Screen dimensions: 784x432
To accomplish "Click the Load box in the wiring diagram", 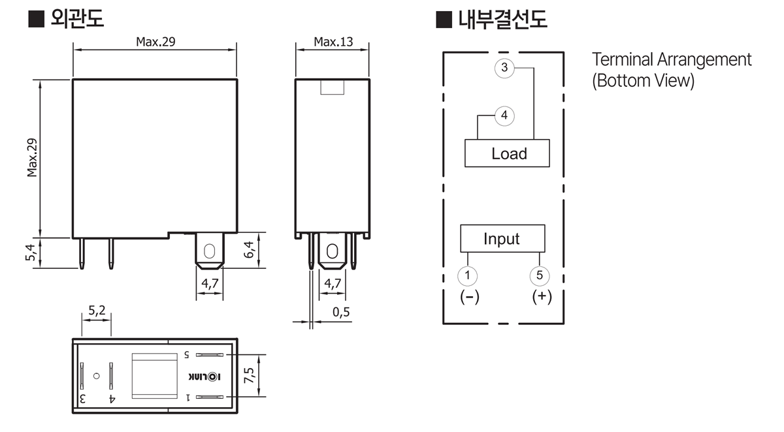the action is point(507,153).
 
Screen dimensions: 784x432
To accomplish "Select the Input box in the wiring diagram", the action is point(502,238).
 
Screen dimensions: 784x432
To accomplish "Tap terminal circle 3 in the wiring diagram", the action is point(504,68).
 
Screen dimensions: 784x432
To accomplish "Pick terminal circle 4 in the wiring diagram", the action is point(504,116).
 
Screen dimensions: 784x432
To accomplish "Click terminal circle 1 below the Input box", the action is point(468,276).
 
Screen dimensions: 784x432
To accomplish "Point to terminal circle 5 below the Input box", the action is point(540,276).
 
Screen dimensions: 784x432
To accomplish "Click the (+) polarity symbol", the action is point(542,296).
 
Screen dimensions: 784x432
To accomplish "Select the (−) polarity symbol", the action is point(470,297).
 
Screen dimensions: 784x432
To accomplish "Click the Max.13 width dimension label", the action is point(333,42).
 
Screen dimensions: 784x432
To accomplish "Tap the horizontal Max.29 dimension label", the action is point(155,42).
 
